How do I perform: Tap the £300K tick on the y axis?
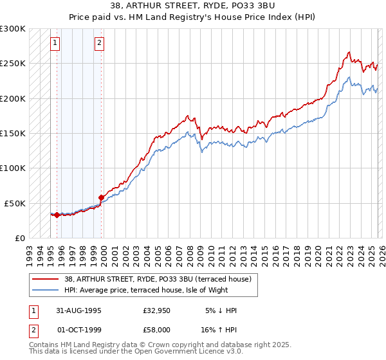(x=13, y=29)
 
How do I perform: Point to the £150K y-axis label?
(x=13, y=134)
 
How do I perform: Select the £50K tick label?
(x=15, y=203)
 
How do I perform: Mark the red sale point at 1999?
(x=102, y=197)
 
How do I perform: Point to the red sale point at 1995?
(x=57, y=215)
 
